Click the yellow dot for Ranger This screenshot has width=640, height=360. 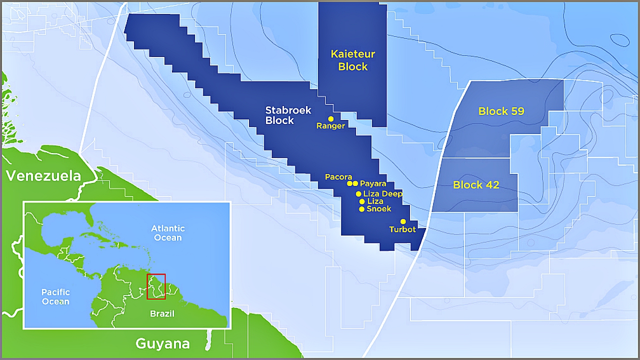pos(330,119)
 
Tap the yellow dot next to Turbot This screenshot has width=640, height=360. pos(403,221)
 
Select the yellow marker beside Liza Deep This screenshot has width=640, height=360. pos(358,194)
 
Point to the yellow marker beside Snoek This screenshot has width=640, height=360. pos(361,209)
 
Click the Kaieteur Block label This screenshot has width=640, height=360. pos(353,60)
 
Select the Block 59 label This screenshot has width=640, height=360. pos(501,111)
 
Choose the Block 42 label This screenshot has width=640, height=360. pos(476,185)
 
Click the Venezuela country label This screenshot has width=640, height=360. pos(43,176)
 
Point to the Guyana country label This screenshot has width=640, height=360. pos(162,344)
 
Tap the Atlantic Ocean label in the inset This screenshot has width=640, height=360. pos(168,233)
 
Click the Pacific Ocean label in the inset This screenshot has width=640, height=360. pos(55,296)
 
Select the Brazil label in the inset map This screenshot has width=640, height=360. pos(162,314)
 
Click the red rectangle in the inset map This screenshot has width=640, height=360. pos(156,286)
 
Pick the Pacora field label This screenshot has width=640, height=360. pos(338,177)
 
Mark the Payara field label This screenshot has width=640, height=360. pos(373,184)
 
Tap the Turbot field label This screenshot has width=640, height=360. pos(402,229)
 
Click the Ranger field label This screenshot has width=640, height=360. pos(330,126)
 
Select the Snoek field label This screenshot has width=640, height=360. pos(379,209)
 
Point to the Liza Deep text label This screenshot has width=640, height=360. pos(382,194)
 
